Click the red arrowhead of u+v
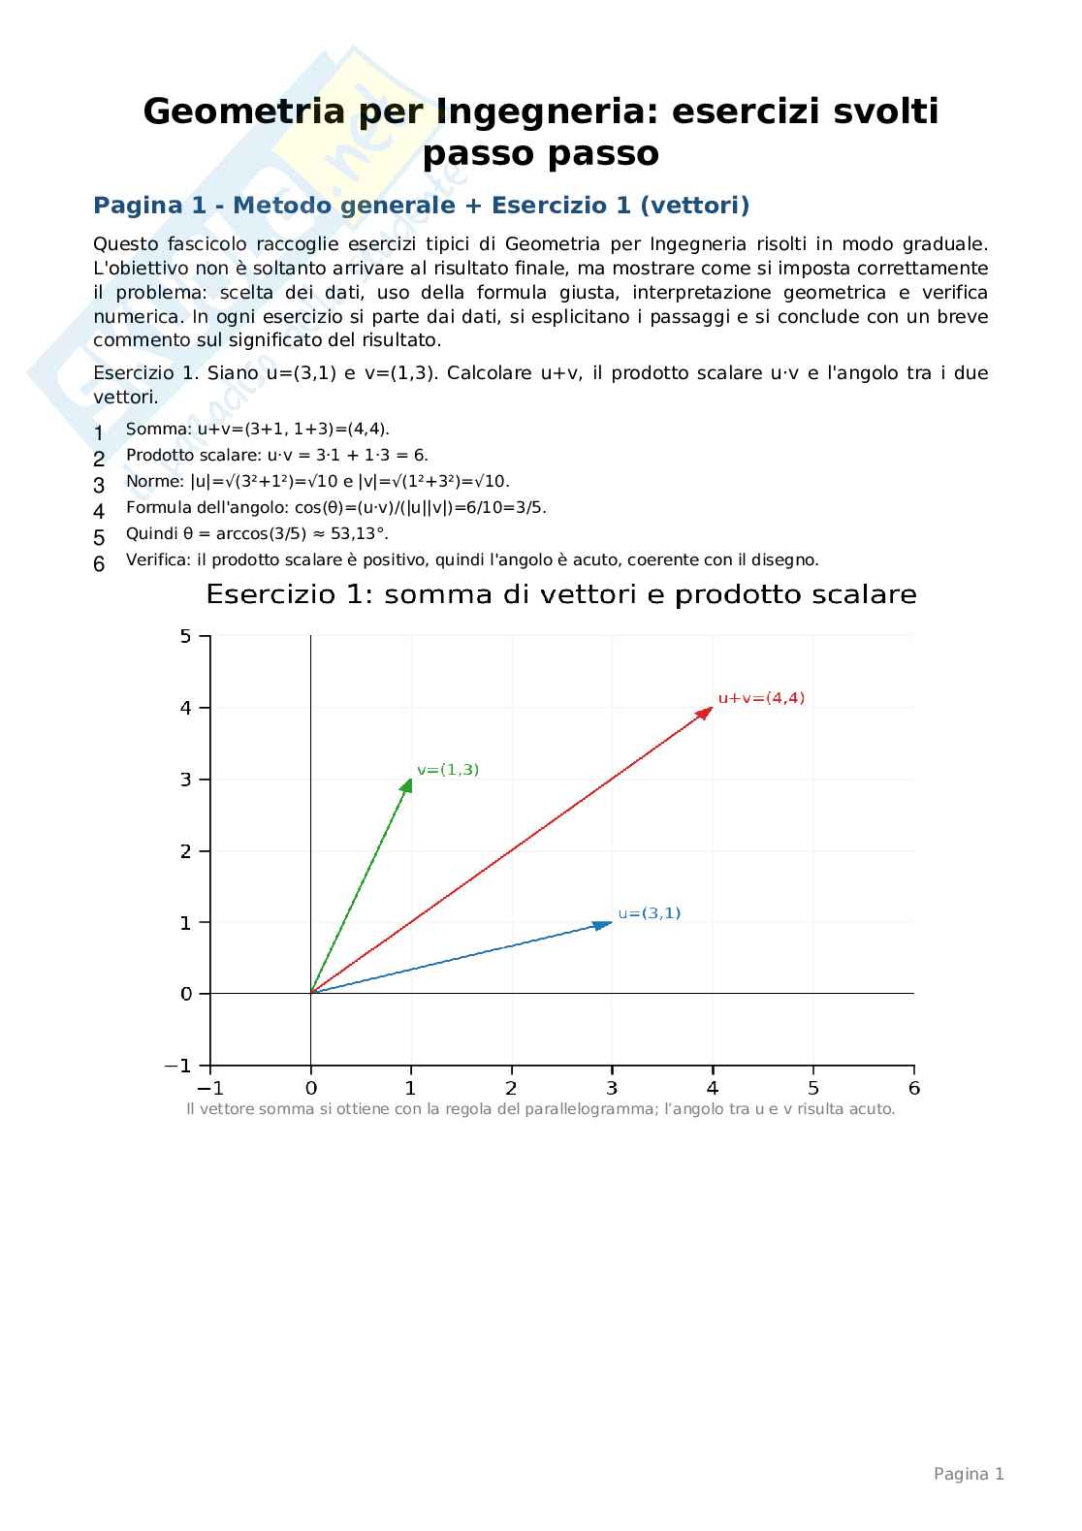706,713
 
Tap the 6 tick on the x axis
913,1065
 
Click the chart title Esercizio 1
560,594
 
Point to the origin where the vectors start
310,993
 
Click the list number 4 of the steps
99,511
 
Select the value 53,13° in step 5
348,534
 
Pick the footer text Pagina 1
968,1474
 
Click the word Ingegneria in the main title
538,112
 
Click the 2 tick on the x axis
511,1065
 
